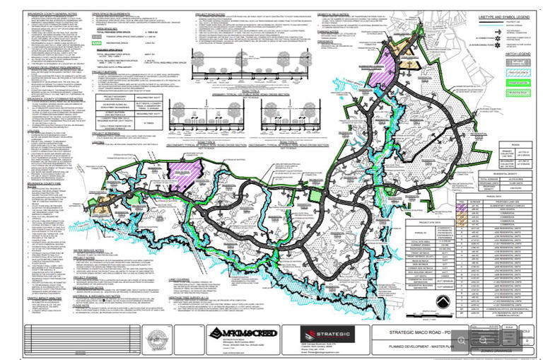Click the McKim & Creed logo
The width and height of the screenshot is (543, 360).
tap(240, 332)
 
